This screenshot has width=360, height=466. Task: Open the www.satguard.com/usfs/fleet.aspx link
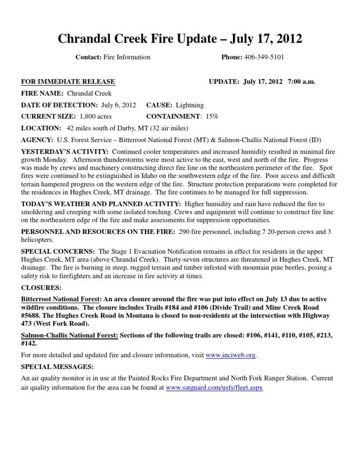214,388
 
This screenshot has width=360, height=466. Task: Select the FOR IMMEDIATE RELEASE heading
68,82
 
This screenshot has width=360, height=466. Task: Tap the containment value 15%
212,116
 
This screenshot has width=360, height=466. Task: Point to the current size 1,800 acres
96,116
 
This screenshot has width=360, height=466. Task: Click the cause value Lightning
190,105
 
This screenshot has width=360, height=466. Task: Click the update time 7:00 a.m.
301,82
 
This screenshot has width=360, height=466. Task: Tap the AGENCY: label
37,140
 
